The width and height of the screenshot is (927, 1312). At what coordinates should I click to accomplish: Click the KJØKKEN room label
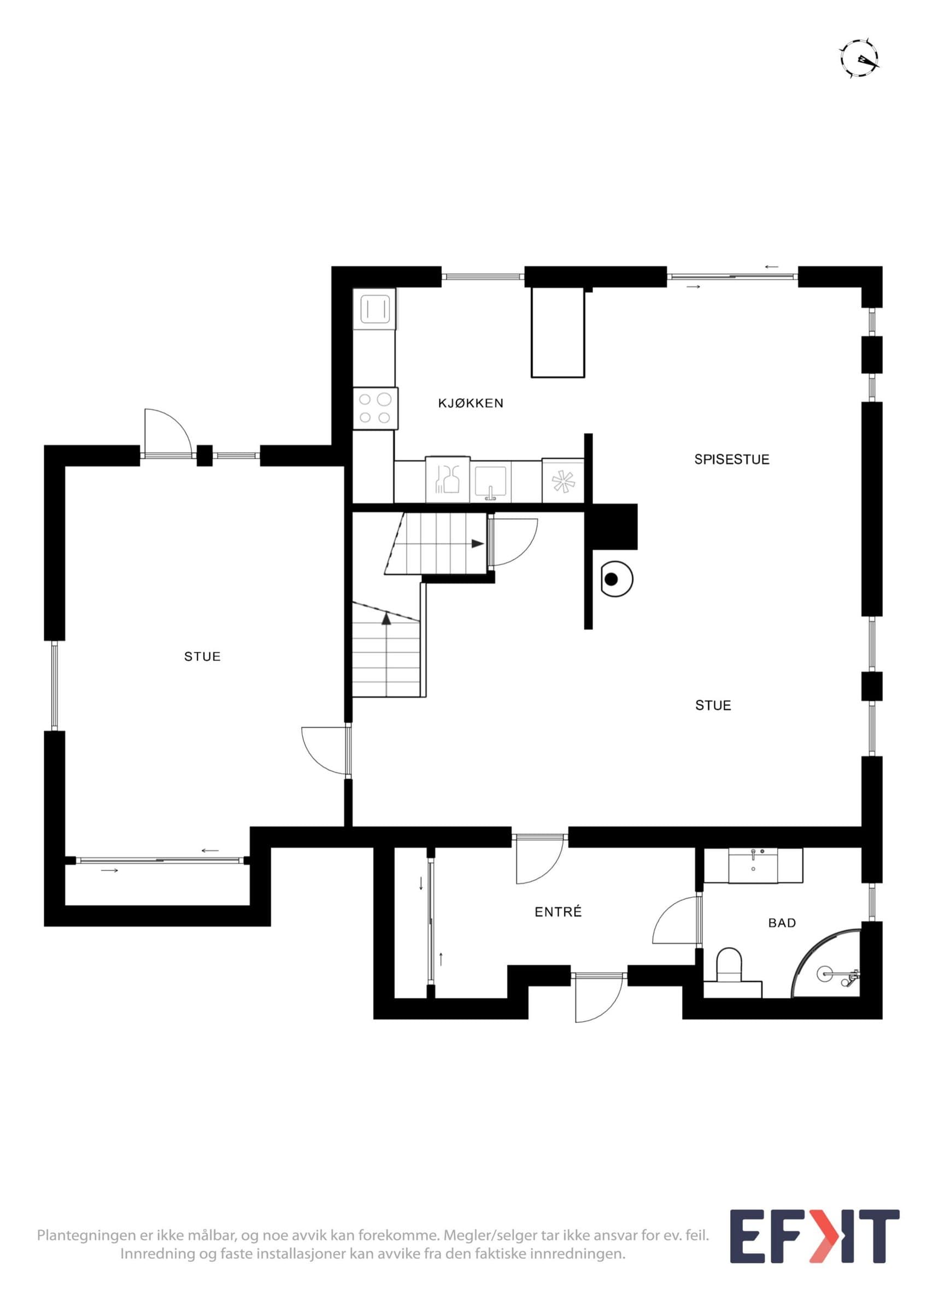471,403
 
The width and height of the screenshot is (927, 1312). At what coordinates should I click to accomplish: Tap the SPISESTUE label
732,459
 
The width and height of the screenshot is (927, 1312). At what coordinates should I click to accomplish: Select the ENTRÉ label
558,911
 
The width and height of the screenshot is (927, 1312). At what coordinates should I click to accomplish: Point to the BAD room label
782,922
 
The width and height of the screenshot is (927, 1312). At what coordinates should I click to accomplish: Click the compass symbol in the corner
859,58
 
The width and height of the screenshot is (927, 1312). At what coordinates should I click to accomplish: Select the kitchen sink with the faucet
490,481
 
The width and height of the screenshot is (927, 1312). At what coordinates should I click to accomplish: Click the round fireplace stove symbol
612,579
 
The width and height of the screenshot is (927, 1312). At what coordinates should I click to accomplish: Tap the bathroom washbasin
753,866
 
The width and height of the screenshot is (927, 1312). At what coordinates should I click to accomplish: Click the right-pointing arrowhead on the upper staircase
478,543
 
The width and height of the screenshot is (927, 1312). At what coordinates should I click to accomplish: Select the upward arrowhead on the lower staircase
386,618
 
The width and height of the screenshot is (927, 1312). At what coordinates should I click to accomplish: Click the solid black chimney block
614,526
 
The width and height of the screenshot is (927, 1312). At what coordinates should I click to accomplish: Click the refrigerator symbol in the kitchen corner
374,308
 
